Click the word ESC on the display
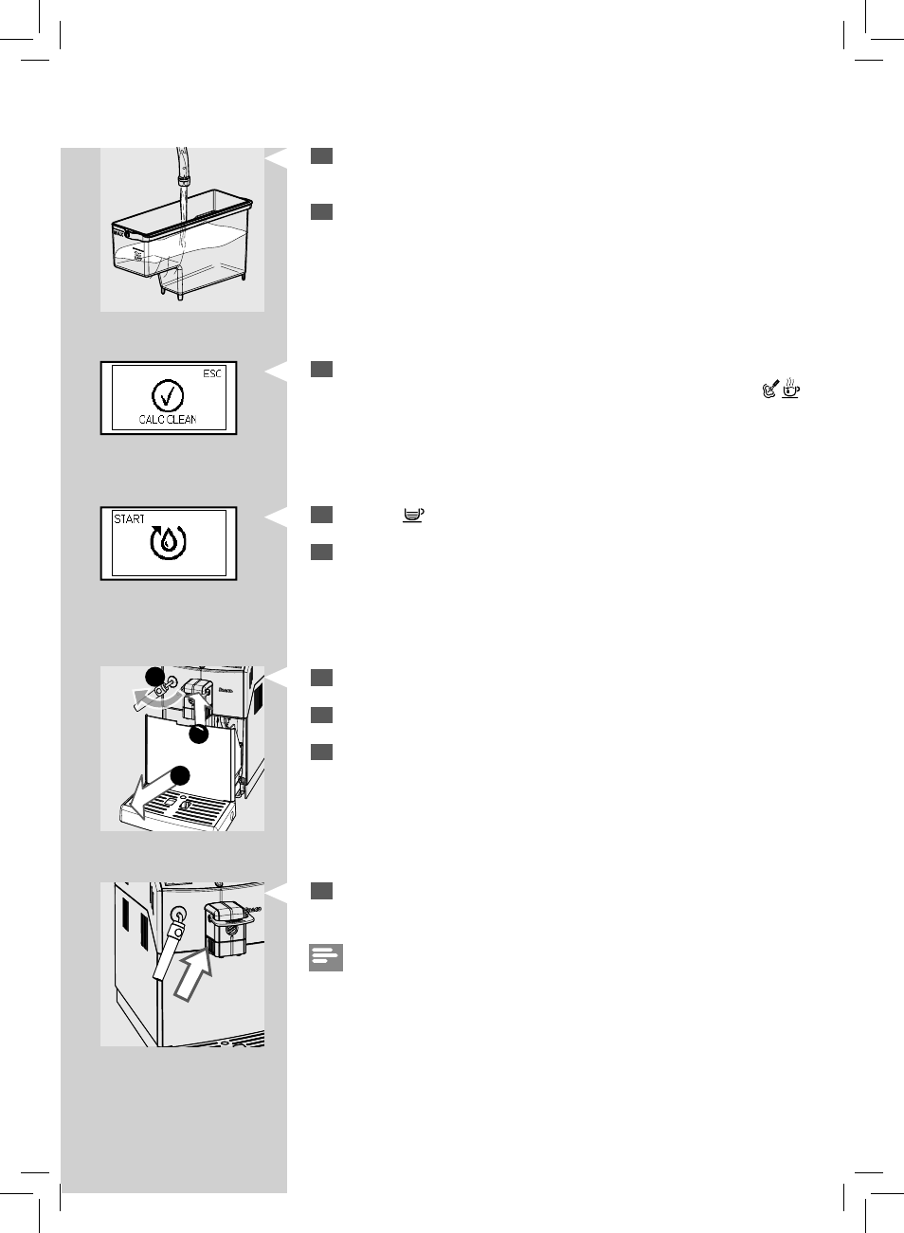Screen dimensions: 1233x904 (212, 373)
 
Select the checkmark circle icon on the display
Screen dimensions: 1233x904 (168, 396)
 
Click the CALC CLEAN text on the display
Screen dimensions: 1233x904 (168, 419)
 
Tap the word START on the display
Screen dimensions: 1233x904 (129, 519)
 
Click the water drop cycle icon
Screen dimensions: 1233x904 (169, 542)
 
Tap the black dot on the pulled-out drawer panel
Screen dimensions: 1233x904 (198, 734)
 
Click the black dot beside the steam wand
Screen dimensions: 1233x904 (152, 676)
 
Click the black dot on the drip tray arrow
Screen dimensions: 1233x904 (180, 775)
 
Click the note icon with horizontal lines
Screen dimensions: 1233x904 (325, 957)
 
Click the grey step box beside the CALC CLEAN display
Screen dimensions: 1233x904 (321, 370)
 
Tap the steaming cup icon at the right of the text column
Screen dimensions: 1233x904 (791, 389)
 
